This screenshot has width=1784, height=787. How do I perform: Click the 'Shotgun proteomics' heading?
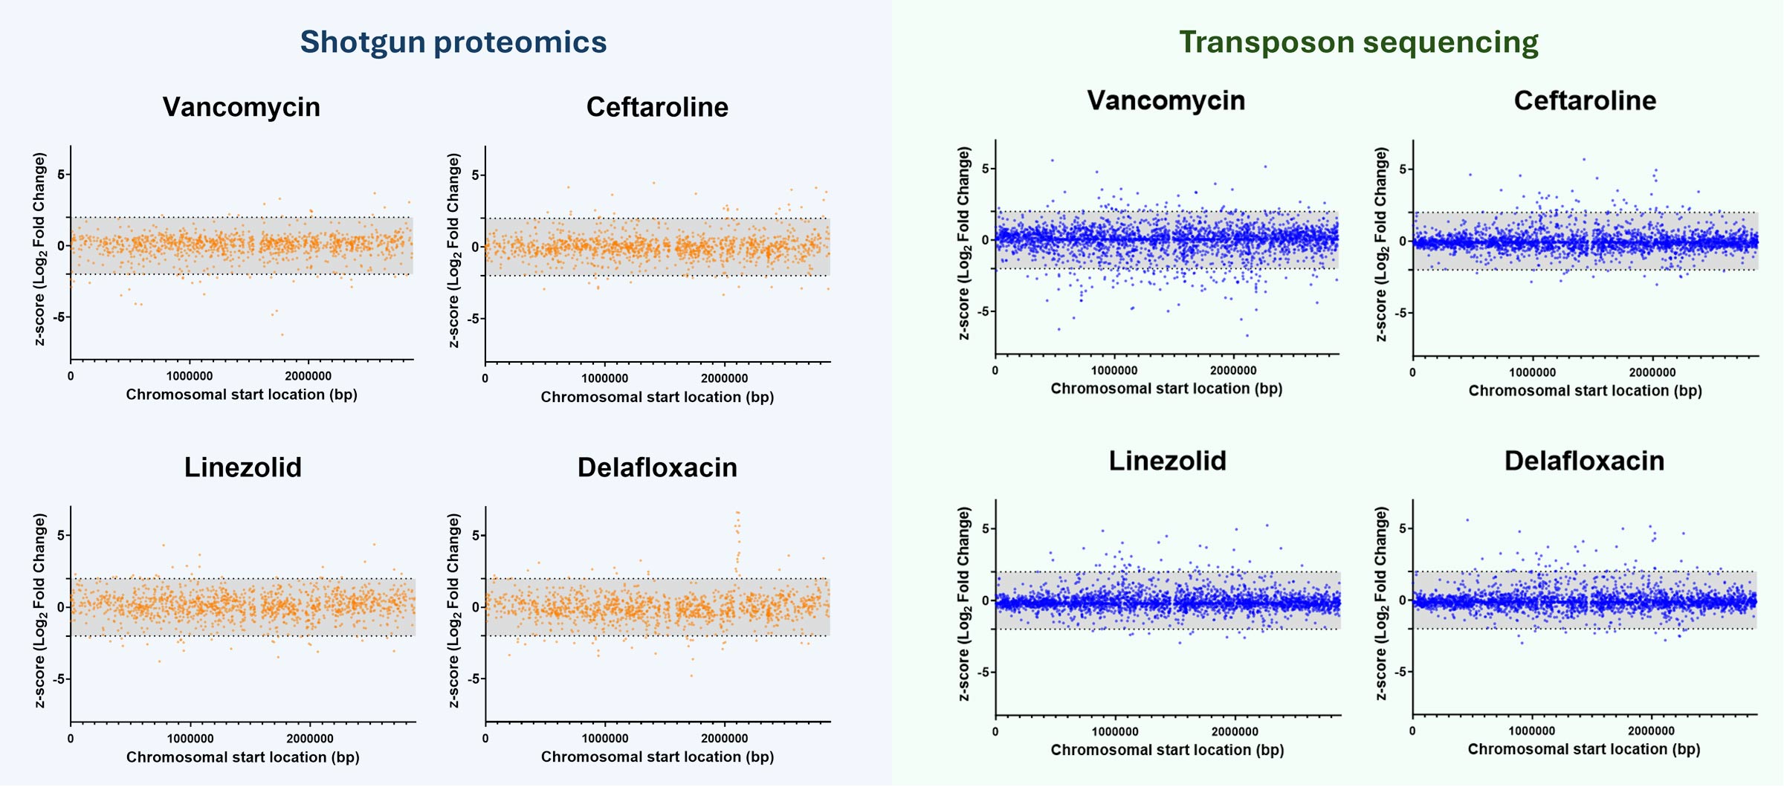point(453,42)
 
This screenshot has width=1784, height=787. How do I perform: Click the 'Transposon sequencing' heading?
point(1358,42)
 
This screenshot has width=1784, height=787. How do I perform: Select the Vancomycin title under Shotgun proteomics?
point(241,107)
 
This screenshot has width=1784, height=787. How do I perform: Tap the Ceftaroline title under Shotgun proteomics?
point(657,107)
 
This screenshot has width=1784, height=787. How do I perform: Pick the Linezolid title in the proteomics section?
point(242,467)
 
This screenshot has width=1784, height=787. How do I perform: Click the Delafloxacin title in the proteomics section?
point(657,467)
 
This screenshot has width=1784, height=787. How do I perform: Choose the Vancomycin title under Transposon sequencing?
point(1166,100)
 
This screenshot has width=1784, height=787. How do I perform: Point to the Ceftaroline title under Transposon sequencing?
point(1585,100)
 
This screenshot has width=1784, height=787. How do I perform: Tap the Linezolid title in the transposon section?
point(1167,461)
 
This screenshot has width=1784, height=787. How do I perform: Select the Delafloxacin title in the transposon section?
point(1584,461)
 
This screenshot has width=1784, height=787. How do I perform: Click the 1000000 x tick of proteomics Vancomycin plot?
point(189,376)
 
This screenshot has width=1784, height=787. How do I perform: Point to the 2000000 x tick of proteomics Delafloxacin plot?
point(724,738)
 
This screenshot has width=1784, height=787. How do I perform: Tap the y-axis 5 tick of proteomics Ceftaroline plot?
point(476,175)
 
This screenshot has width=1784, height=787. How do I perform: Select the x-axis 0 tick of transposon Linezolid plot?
point(995,731)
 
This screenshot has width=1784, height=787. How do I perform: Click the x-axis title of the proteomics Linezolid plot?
point(242,757)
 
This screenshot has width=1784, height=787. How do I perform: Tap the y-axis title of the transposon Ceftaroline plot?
point(1381,244)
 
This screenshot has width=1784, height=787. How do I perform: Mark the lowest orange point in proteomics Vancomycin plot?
point(282,334)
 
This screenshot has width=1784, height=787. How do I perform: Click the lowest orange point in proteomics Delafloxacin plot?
point(691,676)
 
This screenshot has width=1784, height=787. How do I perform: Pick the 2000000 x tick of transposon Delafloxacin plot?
point(1651,731)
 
